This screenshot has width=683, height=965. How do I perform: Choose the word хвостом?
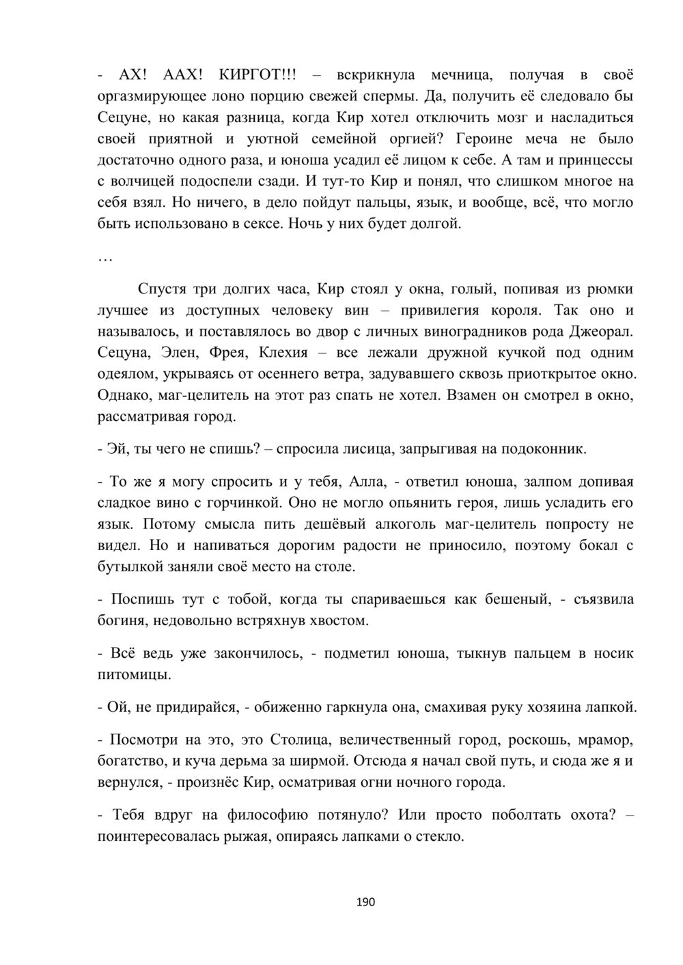pyautogui.click(x=338, y=621)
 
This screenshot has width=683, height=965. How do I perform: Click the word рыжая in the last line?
pyautogui.click(x=245, y=836)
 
